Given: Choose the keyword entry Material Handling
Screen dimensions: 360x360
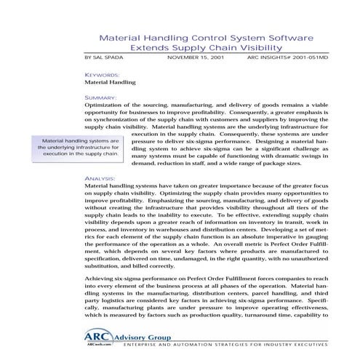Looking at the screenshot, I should pos(111,83).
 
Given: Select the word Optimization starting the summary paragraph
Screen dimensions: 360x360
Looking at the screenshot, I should pos(105,105).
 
